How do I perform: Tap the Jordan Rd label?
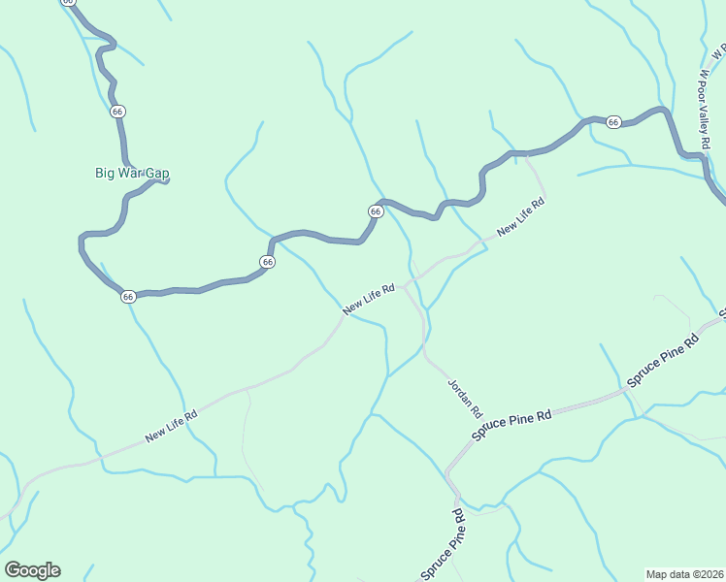464,398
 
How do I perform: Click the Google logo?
32,570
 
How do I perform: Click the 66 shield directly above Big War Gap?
117,112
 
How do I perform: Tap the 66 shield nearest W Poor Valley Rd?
613,122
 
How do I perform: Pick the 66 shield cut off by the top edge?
67,2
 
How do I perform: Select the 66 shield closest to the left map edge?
128,297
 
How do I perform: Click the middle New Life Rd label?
368,300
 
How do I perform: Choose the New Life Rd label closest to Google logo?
172,425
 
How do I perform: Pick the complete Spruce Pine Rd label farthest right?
663,361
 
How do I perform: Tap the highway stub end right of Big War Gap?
167,179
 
